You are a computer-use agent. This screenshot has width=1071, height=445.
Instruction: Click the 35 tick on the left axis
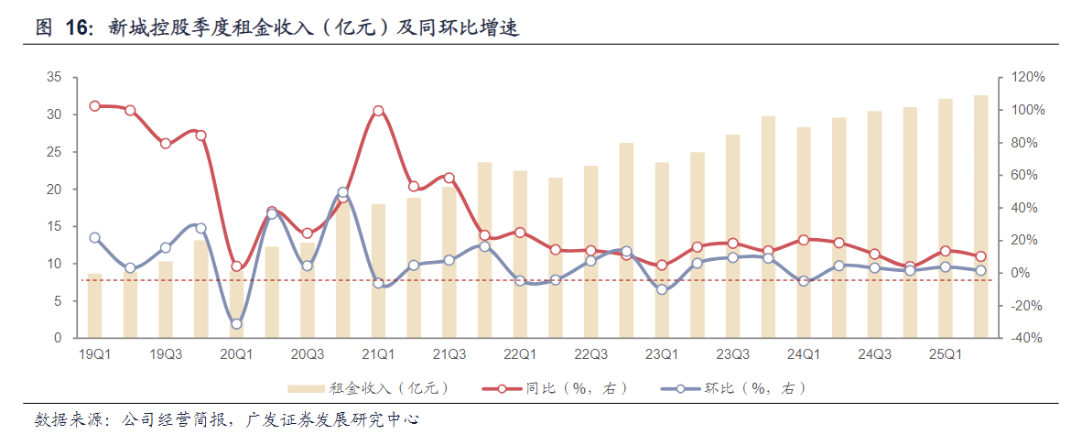54,78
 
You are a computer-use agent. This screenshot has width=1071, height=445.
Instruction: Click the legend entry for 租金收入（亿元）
366,389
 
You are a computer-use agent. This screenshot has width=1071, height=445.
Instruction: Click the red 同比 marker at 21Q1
378,111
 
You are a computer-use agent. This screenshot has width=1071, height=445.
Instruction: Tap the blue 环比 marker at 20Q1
236,323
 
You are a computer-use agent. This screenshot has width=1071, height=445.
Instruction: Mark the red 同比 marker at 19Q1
94,106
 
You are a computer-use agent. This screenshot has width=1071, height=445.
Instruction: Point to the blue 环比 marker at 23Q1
662,289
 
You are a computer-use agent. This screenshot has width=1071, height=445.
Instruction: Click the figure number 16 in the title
78,27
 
